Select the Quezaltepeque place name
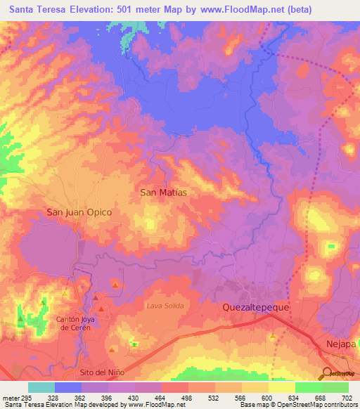[256, 307]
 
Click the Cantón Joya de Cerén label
[74, 323]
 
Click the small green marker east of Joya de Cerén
[134, 344]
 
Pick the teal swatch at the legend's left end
[41, 387]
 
